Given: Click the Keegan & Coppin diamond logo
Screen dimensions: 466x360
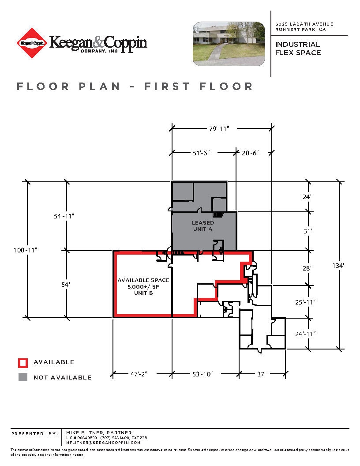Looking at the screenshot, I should click(32, 43).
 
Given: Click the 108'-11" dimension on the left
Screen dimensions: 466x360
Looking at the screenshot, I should click(26, 250).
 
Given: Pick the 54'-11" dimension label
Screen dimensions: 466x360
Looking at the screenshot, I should click(64, 216).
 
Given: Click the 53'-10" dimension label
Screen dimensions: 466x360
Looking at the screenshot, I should click(203, 374).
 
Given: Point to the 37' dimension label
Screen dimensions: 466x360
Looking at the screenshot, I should click(261, 374).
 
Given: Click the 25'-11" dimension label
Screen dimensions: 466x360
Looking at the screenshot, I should click(305, 302).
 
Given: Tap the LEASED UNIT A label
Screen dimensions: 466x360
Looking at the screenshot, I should click(203, 226).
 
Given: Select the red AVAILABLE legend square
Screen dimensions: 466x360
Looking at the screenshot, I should click(22, 363).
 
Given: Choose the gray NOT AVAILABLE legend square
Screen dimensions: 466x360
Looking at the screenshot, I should click(22, 377).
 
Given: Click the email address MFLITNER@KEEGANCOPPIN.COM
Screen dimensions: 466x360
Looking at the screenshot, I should click(103, 442).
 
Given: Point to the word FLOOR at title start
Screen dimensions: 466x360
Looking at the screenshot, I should click(43, 86).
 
